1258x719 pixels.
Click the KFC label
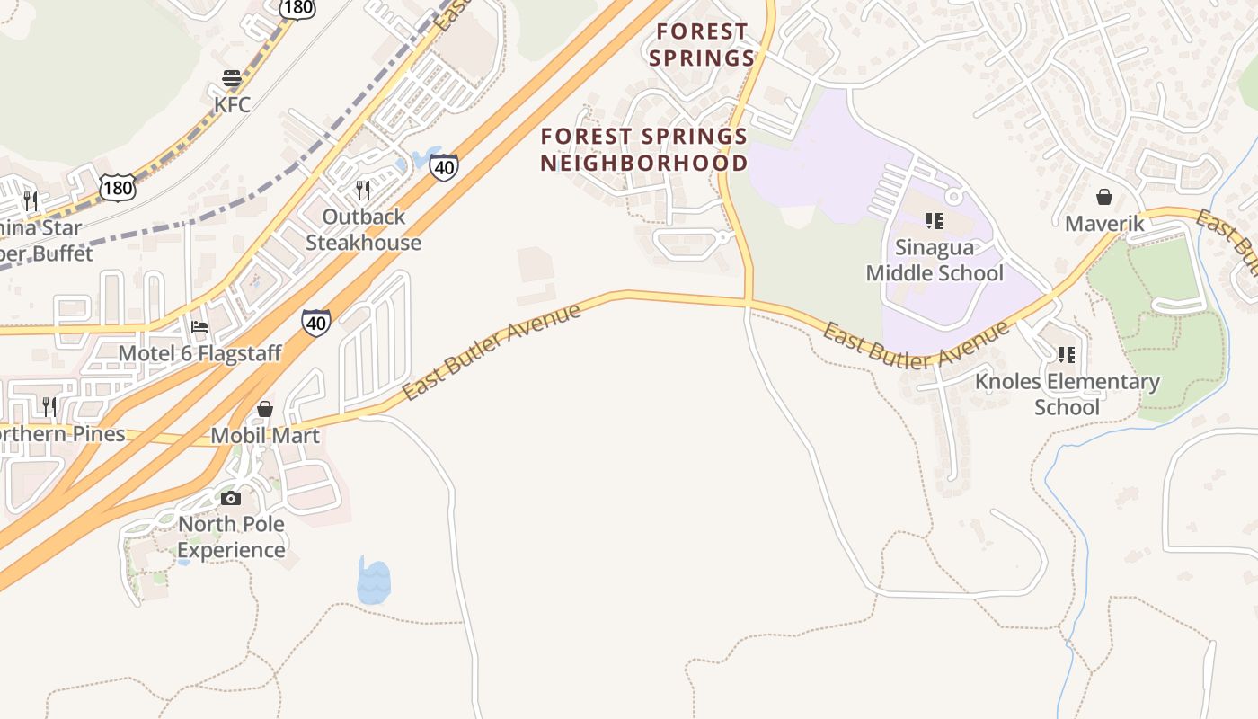click(x=232, y=104)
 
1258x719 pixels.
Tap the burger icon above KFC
click(x=232, y=78)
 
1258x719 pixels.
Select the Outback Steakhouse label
click(x=363, y=229)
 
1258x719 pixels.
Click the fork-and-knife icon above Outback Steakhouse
click(x=363, y=190)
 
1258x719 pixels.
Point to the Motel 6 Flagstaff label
click(x=200, y=353)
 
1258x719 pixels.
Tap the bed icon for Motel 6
click(x=199, y=326)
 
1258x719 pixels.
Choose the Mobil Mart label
click(x=265, y=436)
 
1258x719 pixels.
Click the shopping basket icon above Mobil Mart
click(x=265, y=409)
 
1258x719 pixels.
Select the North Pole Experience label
click(x=232, y=537)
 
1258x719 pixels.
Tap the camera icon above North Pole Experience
click(x=231, y=498)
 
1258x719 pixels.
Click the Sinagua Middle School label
click(x=935, y=260)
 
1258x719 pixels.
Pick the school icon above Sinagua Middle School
click(x=935, y=220)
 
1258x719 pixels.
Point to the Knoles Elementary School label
click(x=1068, y=394)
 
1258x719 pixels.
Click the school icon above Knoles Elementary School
click(x=1067, y=355)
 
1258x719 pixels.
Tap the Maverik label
click(x=1105, y=223)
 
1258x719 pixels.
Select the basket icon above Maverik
click(x=1104, y=197)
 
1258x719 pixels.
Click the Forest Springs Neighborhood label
click(x=644, y=149)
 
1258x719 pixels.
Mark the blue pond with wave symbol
click(x=374, y=582)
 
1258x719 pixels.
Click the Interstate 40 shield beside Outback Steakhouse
click(x=444, y=167)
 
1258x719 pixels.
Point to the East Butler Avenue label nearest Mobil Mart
click(x=492, y=351)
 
